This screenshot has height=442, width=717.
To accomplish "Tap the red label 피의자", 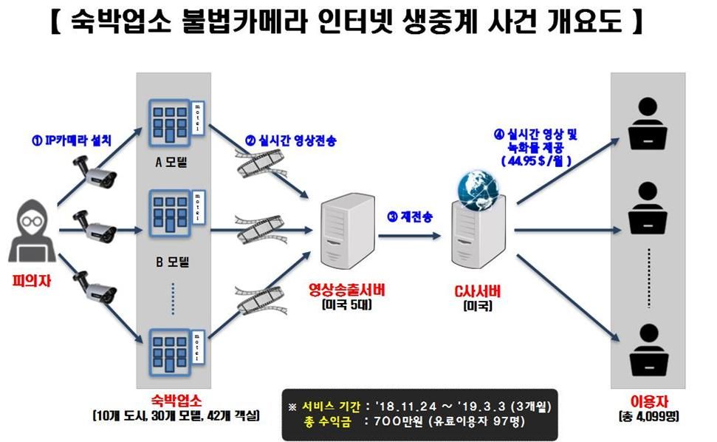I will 30,282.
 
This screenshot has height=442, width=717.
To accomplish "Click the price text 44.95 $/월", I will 537,160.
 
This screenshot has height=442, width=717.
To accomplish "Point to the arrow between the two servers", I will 408,235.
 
